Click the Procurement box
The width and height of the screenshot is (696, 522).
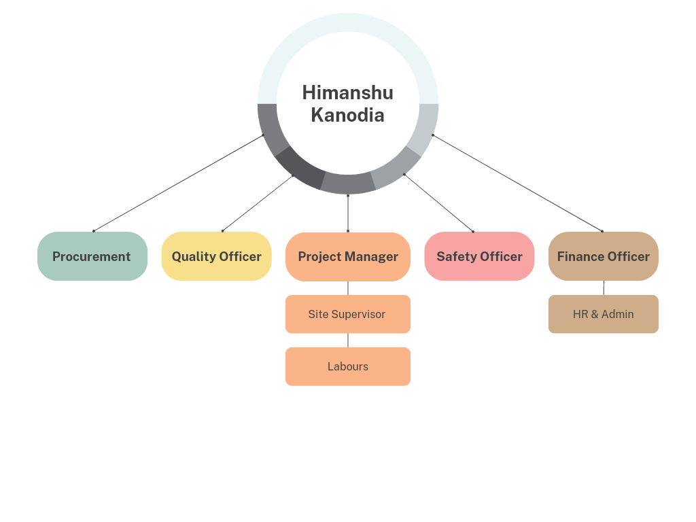click(92, 256)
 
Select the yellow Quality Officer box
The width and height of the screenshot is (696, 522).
click(217, 256)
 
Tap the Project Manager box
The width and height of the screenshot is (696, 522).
click(348, 256)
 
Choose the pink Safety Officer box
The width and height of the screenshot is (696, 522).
click(479, 256)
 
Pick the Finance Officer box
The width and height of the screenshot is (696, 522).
click(604, 256)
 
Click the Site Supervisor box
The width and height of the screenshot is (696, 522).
click(348, 314)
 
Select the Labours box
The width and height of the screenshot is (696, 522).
click(348, 366)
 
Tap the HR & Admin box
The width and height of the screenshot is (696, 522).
click(604, 314)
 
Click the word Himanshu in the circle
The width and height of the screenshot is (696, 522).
click(347, 92)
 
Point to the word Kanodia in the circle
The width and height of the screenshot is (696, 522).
click(347, 116)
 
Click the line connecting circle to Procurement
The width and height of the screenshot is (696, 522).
click(178, 183)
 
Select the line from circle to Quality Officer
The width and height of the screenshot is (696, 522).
click(258, 203)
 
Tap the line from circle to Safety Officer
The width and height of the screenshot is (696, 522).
click(438, 203)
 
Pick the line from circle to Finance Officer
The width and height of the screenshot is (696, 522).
click(517, 183)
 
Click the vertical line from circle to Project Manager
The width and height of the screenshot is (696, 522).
click(348, 213)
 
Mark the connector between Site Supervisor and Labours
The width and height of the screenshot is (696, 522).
click(348, 341)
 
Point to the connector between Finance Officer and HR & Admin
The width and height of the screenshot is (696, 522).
click(604, 288)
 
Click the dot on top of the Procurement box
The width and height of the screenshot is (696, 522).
click(93, 231)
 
